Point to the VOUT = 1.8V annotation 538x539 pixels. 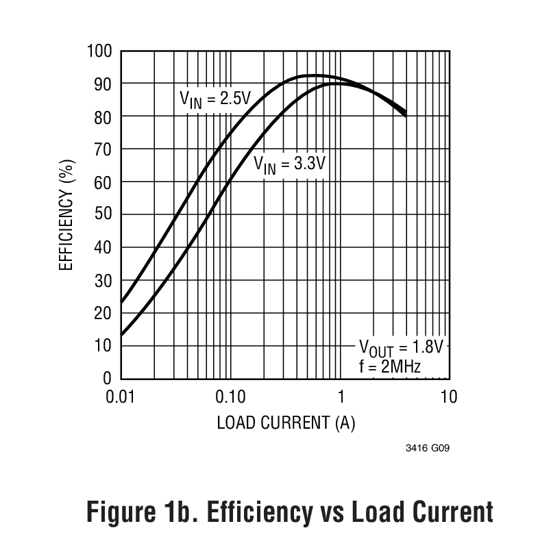click(402, 346)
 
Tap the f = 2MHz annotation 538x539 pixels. click(389, 366)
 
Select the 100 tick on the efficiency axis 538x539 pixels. click(99, 51)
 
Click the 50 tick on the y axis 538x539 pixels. click(103, 214)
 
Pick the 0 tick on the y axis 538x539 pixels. click(107, 378)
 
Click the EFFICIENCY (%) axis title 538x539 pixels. click(66, 214)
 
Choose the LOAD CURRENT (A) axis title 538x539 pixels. click(286, 423)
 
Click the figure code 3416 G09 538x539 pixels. click(428, 449)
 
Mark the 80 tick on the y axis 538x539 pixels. click(103, 116)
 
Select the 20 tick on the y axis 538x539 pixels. click(103, 313)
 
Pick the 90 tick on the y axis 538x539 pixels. click(103, 84)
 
